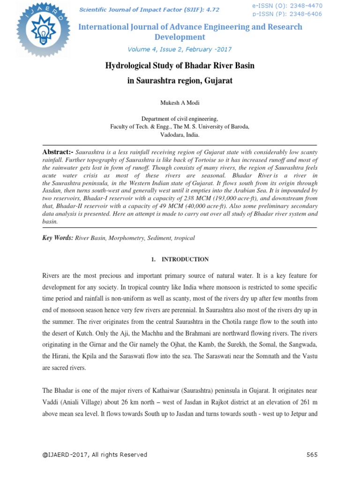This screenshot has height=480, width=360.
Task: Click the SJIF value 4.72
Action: (x=211, y=9)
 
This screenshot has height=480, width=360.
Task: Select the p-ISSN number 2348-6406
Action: (x=306, y=15)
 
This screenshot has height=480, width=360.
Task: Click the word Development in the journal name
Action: (x=180, y=37)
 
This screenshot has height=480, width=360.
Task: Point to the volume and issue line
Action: (x=180, y=49)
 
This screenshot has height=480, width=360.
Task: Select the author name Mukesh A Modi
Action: (x=180, y=103)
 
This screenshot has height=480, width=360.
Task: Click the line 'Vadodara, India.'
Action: (x=180, y=135)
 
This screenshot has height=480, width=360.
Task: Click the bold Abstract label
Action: (x=58, y=153)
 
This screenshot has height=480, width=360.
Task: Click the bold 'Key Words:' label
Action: (x=58, y=238)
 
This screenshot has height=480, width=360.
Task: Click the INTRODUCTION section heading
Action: (x=185, y=259)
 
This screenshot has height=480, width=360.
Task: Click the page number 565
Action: (x=312, y=455)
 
